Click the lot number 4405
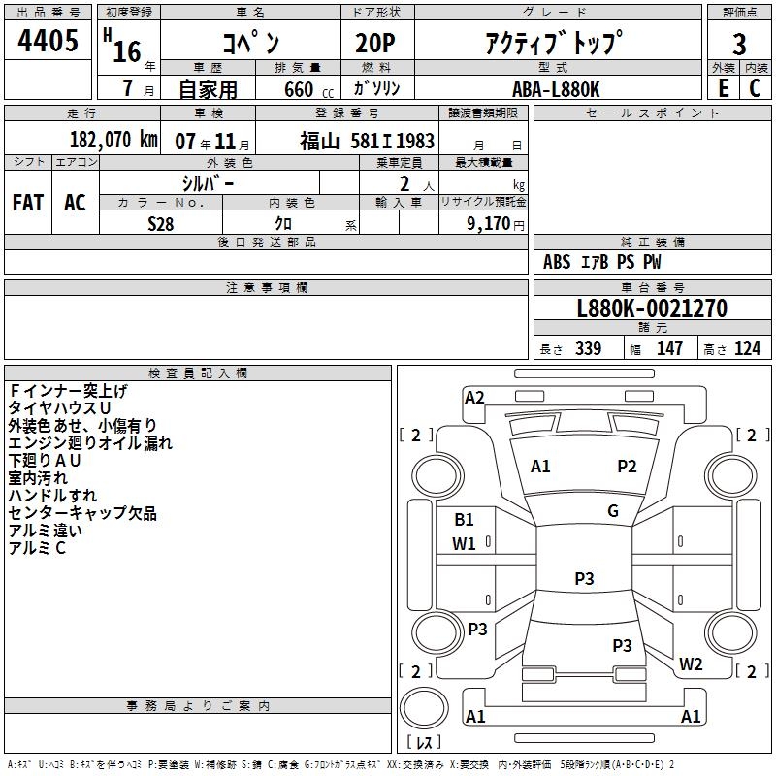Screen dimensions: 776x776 tap(48, 42)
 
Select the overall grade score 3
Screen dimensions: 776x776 tap(739, 44)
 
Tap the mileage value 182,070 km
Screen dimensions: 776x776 tap(113, 140)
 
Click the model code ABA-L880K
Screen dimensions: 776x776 tap(556, 88)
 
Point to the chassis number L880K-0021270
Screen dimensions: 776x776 tap(651, 309)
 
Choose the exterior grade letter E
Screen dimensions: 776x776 tap(724, 88)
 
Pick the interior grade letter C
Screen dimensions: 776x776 tap(755, 88)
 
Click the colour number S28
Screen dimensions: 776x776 tap(161, 223)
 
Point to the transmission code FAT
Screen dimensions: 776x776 tap(27, 202)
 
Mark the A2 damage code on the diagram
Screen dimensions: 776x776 tap(474, 397)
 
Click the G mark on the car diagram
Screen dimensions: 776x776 tap(612, 511)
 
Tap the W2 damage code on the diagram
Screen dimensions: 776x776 tap(691, 664)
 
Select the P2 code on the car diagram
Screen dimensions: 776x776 tap(628, 467)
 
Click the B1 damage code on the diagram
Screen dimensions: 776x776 tap(465, 520)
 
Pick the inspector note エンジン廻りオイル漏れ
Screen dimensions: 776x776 tap(90, 443)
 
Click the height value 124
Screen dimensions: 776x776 tap(747, 349)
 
